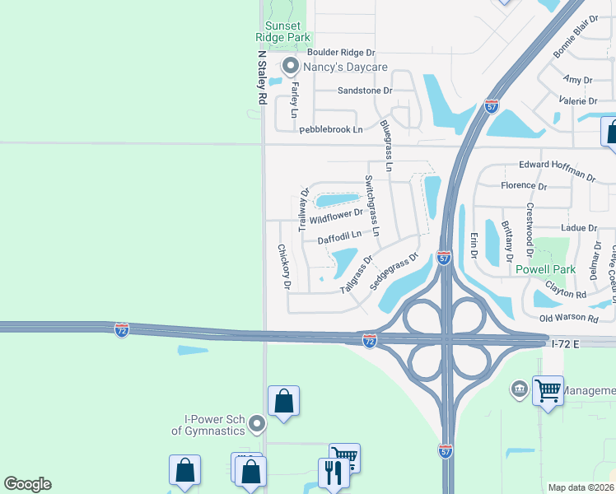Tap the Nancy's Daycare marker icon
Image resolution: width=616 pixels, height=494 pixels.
(289, 65)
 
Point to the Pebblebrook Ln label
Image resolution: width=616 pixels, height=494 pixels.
(330, 129)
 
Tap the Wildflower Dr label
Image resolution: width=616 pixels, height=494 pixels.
(336, 218)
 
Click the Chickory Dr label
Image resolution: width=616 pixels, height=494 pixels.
(284, 267)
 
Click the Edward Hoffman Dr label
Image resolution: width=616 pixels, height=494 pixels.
(557, 170)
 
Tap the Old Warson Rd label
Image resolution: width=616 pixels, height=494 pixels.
(568, 318)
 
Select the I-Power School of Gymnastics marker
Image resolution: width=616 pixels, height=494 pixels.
(257, 425)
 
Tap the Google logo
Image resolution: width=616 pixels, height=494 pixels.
(27, 484)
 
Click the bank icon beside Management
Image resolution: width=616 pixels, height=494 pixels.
(519, 388)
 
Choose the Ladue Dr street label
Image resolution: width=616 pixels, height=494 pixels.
(577, 227)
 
